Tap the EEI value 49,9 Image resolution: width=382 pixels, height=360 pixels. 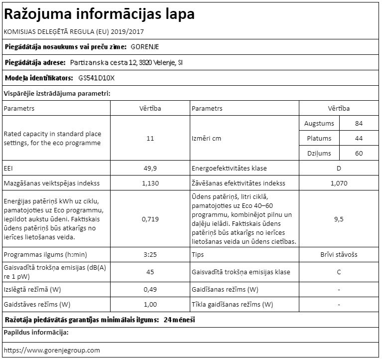(150, 168)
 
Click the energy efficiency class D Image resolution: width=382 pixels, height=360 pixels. (339, 168)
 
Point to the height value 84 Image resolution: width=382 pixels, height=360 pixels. (359, 123)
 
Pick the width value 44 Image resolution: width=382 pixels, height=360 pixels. (359, 138)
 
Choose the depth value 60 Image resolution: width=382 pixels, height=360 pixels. (359, 154)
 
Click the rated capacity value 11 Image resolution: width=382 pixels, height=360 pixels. (150, 138)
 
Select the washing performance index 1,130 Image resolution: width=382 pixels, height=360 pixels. (150, 183)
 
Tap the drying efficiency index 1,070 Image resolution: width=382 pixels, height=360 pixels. (339, 183)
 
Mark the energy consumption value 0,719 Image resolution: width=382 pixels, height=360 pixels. (150, 218)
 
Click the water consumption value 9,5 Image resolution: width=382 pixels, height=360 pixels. (339, 218)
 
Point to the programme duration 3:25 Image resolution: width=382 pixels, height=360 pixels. (150, 254)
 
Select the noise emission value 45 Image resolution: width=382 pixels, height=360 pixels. (150, 272)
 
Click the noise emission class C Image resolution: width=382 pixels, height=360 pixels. (339, 272)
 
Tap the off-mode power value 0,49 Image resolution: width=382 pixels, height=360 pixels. (150, 289)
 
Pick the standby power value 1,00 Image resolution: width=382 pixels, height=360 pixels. (150, 304)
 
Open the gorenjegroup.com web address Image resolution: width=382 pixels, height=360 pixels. (52, 350)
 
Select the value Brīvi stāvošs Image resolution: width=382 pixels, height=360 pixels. (339, 254)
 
